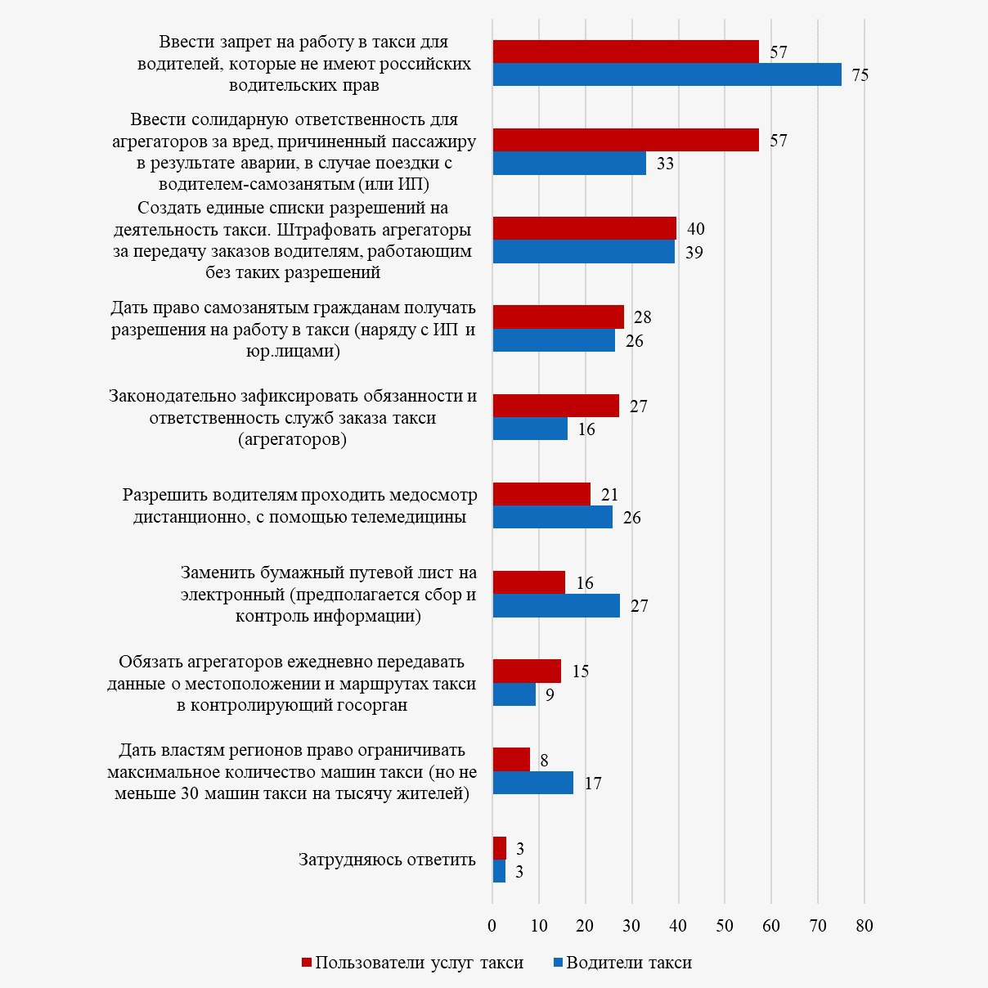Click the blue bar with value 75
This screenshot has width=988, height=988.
pos(667,74)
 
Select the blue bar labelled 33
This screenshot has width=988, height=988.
pos(569,163)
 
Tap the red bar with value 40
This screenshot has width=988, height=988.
pos(585,228)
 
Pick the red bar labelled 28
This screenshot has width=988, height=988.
pos(559,317)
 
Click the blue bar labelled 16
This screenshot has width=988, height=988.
pos(530,429)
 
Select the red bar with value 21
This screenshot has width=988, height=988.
pos(541,494)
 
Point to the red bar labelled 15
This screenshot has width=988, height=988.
pos(527,671)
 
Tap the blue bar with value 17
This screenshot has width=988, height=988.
pos(533,783)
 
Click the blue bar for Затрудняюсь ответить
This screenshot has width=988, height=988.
pos(500,871)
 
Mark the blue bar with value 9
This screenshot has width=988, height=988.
pos(514,694)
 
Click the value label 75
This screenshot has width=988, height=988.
pos(860,75)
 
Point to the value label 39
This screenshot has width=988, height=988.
pos(694,252)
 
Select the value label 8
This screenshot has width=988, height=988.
pos(544,761)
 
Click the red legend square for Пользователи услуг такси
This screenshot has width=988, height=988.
pos(307,963)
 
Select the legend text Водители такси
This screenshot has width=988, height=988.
pos(629,963)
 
